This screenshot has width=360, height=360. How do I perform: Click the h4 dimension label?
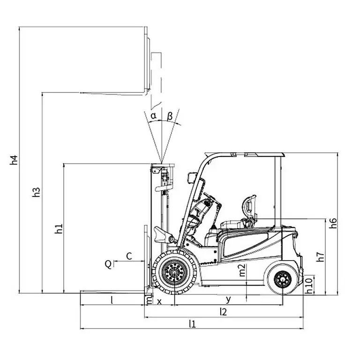coord(14,160)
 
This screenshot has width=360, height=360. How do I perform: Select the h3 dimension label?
coord(36,192)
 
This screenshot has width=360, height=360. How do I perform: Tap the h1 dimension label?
coord(58,229)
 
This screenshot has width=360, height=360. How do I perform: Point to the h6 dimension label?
coord(333,223)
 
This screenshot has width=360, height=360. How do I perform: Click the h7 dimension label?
coord(320,256)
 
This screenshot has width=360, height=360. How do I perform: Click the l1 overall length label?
coord(192,323)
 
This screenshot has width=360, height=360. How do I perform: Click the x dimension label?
coord(159,301)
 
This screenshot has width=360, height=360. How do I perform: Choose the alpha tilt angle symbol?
coord(153,114)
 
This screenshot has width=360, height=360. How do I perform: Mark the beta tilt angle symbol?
coord(170,115)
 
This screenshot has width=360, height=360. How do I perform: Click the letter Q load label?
coord(108,264)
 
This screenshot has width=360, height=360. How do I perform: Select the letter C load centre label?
coord(129,255)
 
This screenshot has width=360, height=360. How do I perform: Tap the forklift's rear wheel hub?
coord(282,280)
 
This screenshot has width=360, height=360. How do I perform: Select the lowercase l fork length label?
coord(112,300)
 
